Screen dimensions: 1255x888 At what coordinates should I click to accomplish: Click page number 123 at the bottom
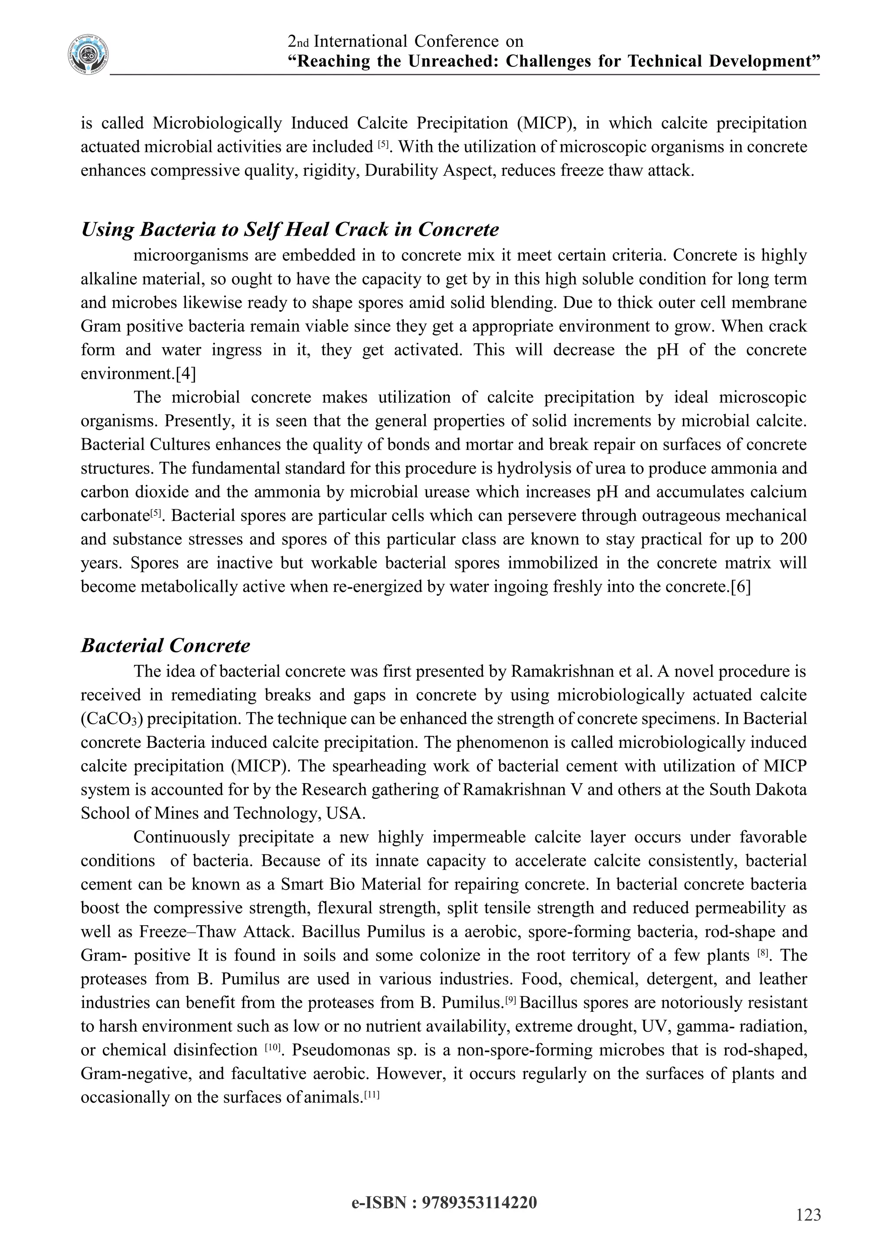coord(808,1215)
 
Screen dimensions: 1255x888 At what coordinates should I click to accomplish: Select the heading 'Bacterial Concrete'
coord(165,646)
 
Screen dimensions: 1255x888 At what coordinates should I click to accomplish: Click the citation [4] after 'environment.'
coord(186,374)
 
